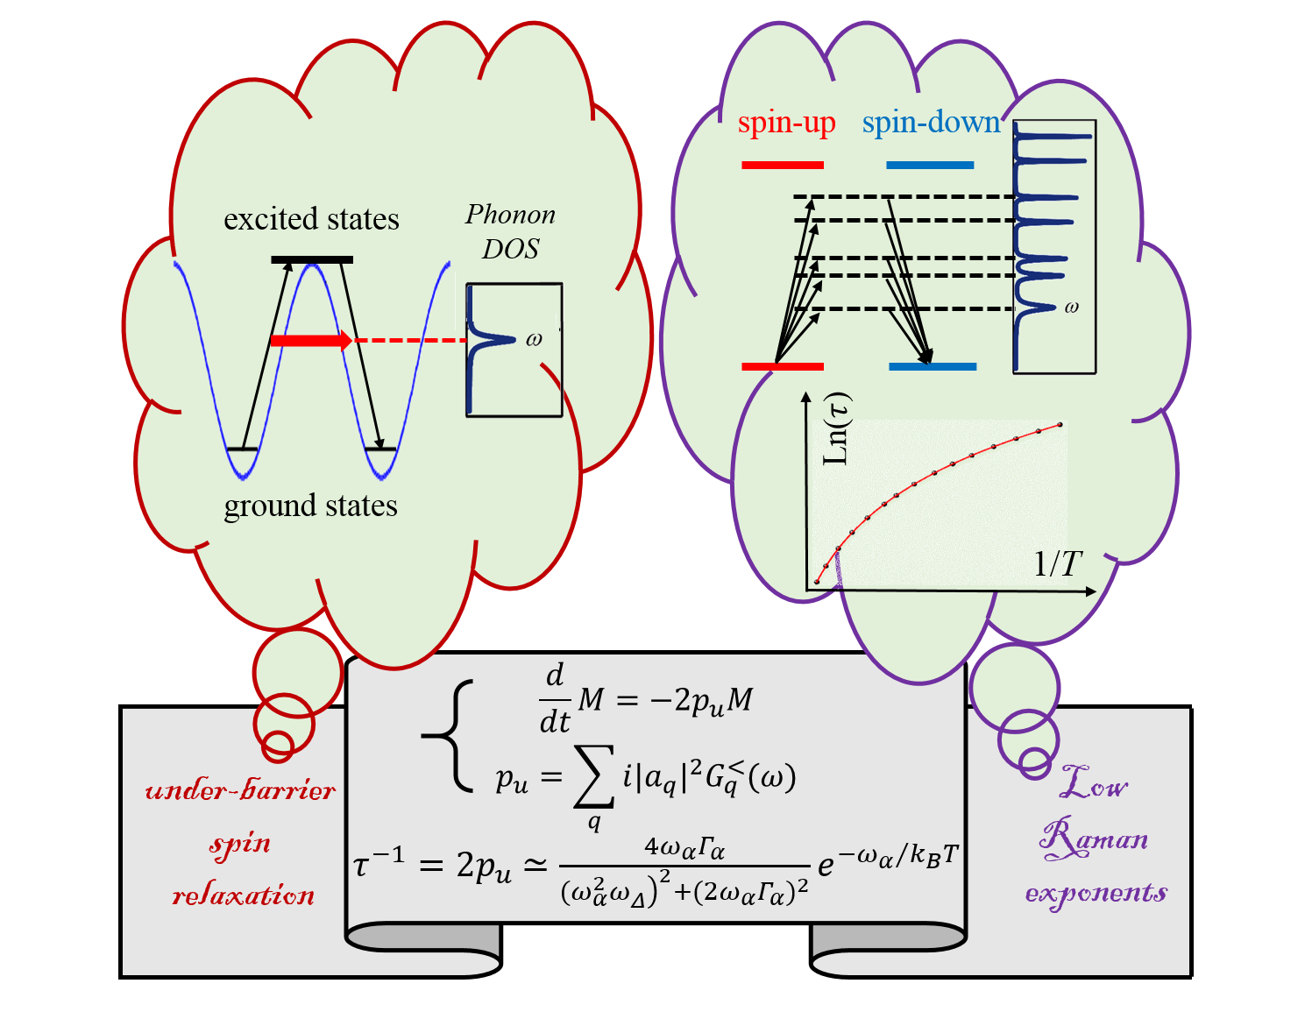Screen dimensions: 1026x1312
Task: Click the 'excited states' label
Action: pyautogui.click(x=311, y=219)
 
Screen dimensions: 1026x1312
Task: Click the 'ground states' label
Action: pyautogui.click(x=310, y=506)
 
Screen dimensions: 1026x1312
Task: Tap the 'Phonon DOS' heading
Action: pyautogui.click(x=510, y=231)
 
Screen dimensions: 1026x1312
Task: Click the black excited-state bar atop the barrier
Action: pyautogui.click(x=312, y=259)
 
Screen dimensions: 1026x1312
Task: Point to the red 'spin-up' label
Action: pyautogui.click(x=786, y=123)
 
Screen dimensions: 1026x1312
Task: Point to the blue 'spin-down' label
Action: pyautogui.click(x=931, y=123)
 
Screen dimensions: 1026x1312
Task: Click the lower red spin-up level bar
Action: pyautogui.click(x=783, y=366)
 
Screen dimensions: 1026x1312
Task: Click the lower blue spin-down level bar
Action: pyautogui.click(x=933, y=366)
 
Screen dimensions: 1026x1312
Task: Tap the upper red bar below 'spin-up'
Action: pyautogui.click(x=783, y=165)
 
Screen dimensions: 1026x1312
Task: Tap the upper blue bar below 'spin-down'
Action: pyautogui.click(x=930, y=165)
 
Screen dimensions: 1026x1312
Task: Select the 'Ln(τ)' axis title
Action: pyautogui.click(x=837, y=429)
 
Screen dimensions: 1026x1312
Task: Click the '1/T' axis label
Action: pyautogui.click(x=1058, y=564)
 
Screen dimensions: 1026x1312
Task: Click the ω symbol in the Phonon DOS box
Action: pyautogui.click(x=534, y=340)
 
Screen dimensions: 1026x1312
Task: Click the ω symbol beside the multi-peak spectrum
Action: pyautogui.click(x=1071, y=308)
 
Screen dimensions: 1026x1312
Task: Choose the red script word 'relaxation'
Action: pyautogui.click(x=243, y=895)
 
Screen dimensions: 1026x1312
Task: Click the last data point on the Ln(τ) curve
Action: pyautogui.click(x=1060, y=425)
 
